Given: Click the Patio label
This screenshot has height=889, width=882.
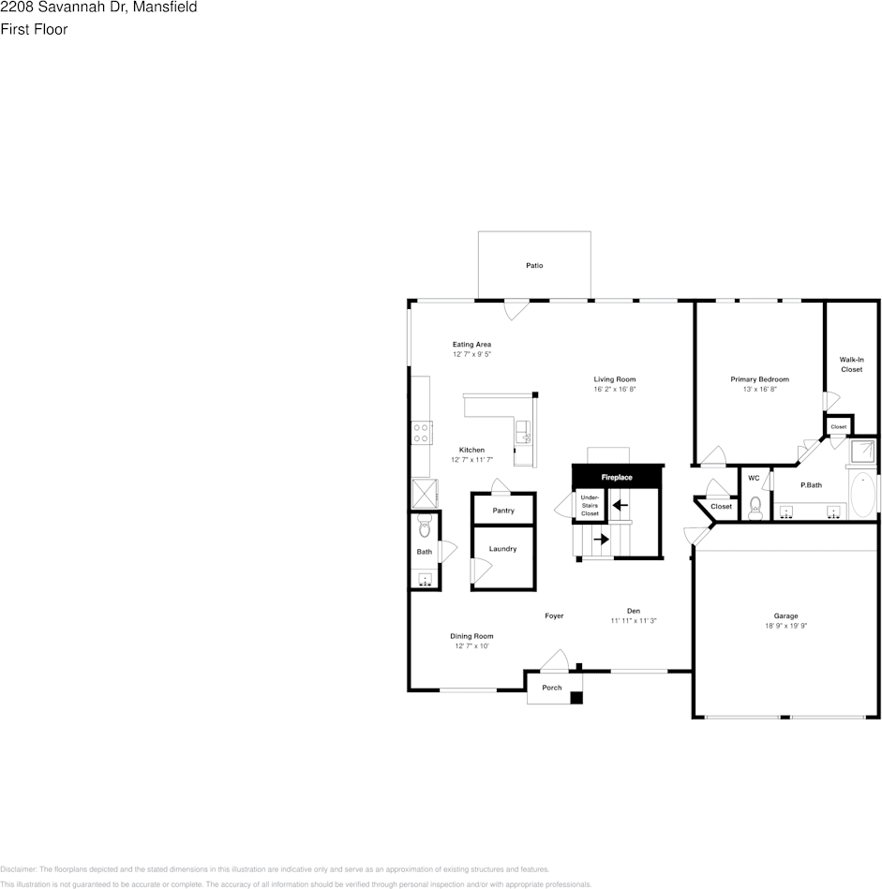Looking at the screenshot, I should (x=533, y=266).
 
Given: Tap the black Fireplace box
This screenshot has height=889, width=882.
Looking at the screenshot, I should (x=617, y=478).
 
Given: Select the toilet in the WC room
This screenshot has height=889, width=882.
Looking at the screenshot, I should (x=756, y=507).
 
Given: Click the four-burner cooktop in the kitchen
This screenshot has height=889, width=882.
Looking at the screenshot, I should (x=422, y=433).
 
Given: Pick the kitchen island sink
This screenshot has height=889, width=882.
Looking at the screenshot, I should (x=523, y=431).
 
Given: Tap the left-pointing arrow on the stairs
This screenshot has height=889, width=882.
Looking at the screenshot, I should (x=620, y=506).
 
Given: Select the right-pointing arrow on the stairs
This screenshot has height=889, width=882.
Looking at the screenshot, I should (x=600, y=540).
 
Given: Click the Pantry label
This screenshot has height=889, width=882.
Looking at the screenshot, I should (x=503, y=511).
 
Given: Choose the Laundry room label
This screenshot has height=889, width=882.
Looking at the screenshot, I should (x=502, y=549).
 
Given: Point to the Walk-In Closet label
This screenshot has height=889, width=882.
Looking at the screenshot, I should (x=851, y=364).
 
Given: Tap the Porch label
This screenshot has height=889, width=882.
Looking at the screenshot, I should (x=552, y=688).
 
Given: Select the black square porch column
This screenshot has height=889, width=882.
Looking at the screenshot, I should (x=577, y=697).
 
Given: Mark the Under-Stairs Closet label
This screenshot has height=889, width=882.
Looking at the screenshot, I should (x=590, y=506).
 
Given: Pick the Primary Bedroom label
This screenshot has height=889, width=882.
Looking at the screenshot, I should (x=759, y=379).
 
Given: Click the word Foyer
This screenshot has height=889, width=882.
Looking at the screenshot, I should (x=554, y=616).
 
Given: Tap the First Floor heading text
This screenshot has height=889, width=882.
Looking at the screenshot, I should (x=34, y=29).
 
